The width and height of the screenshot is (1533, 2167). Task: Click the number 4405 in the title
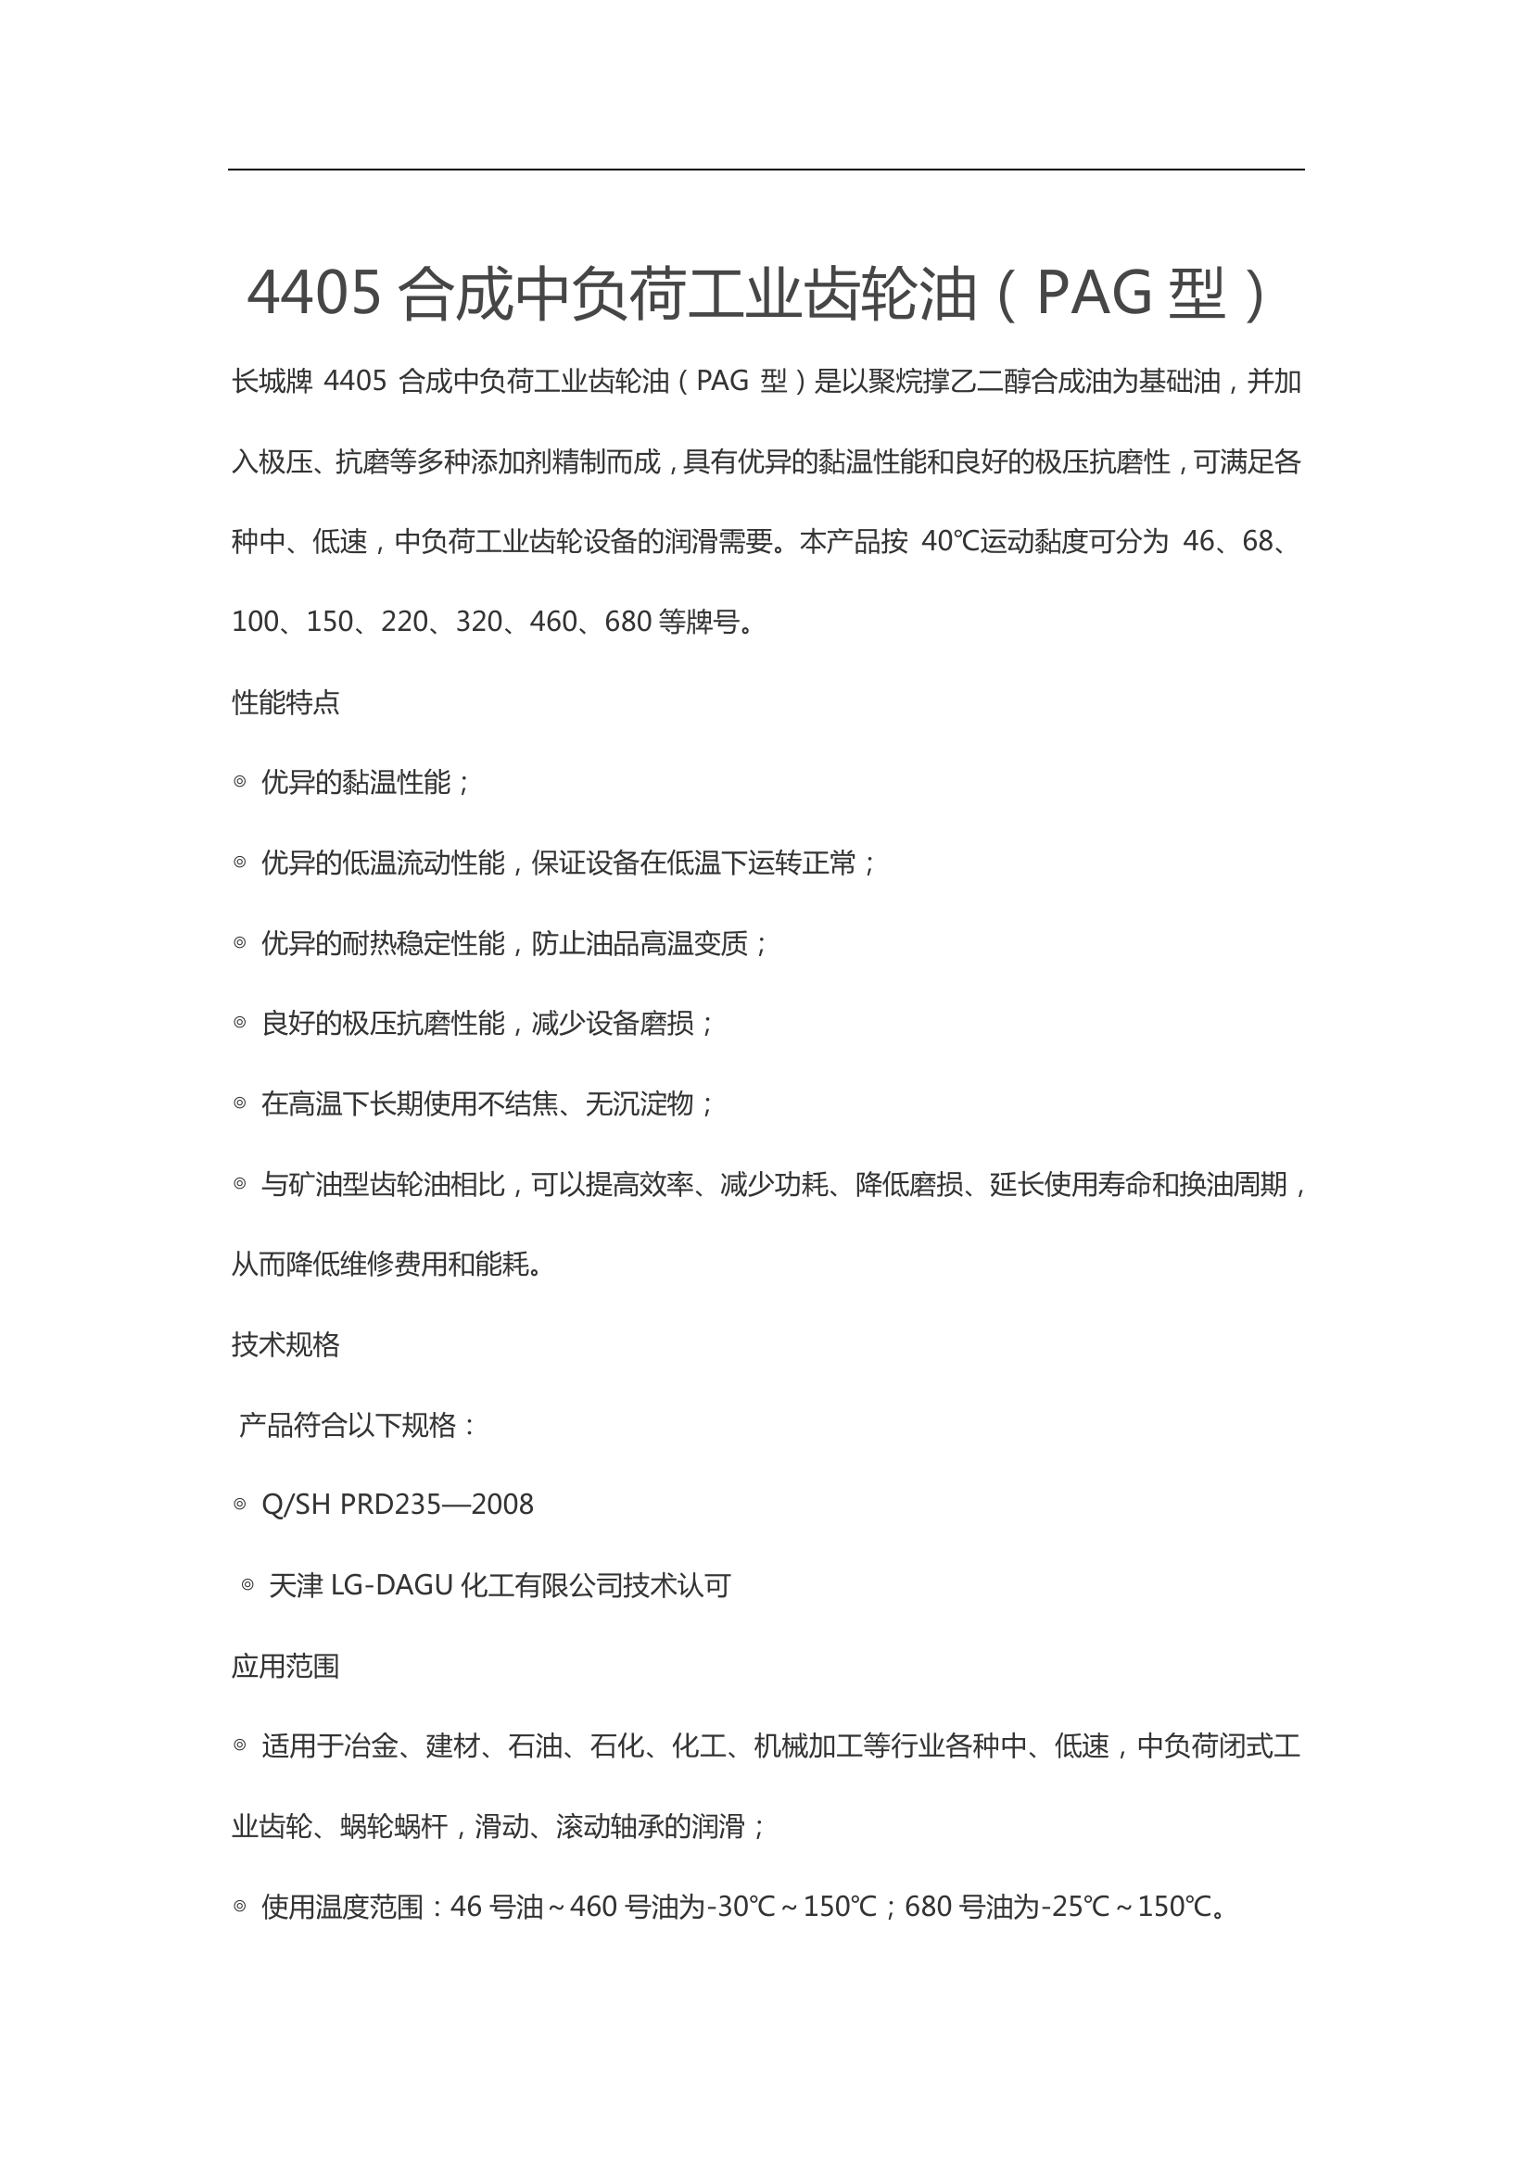(314, 294)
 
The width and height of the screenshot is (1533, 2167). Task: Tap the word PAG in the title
(1094, 294)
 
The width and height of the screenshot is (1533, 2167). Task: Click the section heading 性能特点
(285, 702)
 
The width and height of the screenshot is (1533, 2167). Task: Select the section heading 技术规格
(285, 1344)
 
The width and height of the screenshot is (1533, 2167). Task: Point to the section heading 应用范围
(285, 1666)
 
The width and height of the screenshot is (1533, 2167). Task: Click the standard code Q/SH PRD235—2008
(398, 1505)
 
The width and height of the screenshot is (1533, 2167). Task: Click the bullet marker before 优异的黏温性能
(240, 782)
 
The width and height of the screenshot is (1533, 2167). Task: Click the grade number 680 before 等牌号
(627, 622)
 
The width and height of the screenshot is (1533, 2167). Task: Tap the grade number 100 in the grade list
(255, 622)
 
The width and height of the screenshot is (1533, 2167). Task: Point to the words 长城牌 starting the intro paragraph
(272, 382)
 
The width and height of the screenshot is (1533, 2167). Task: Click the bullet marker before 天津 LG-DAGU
(247, 1585)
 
